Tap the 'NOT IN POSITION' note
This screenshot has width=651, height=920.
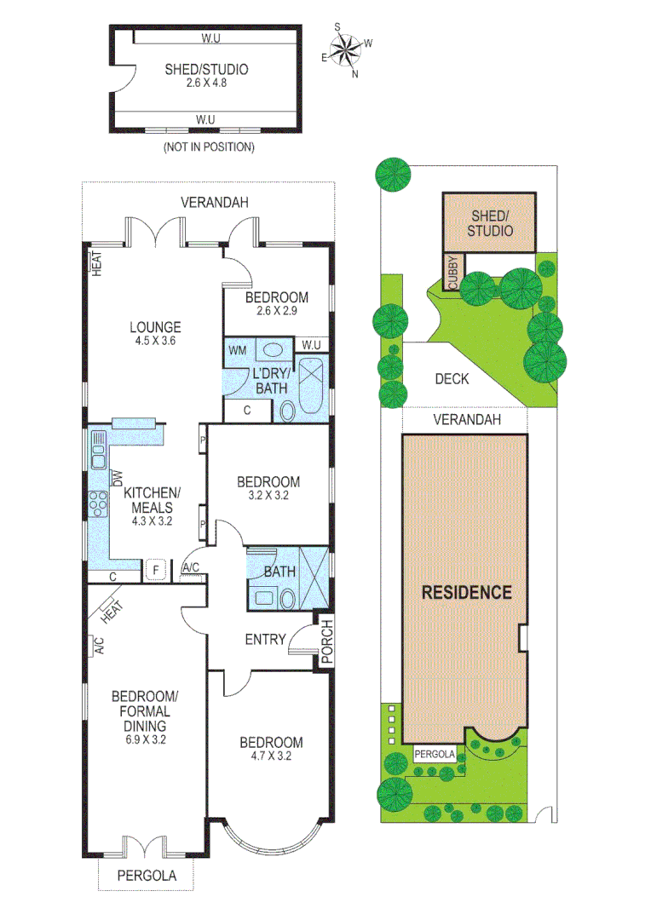click(208, 147)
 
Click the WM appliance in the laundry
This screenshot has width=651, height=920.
click(238, 349)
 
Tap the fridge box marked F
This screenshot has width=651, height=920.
click(156, 570)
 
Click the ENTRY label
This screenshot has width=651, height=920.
click(265, 639)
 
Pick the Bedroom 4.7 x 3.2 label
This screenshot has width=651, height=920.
click(270, 749)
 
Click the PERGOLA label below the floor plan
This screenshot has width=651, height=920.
click(146, 875)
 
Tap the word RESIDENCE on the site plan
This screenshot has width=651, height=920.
click(465, 592)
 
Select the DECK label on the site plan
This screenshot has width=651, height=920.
click(451, 378)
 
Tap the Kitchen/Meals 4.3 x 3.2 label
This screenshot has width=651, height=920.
click(152, 506)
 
